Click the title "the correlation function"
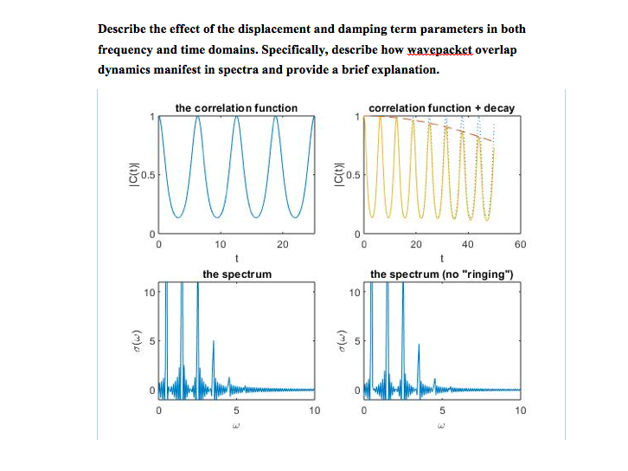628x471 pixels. (x=236, y=108)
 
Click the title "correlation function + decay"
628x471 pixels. (x=441, y=108)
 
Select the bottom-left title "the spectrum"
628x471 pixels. (x=237, y=274)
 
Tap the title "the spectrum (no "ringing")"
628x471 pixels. (x=442, y=274)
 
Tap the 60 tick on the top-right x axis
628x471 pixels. (x=520, y=245)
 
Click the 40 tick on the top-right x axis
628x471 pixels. (x=468, y=245)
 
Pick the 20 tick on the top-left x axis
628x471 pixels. (x=282, y=245)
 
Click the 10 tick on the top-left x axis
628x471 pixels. (x=220, y=245)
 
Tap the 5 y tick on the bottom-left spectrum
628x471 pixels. (x=151, y=341)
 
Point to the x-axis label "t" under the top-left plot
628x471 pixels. (x=236, y=257)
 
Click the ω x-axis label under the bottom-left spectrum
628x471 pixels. (x=236, y=424)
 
